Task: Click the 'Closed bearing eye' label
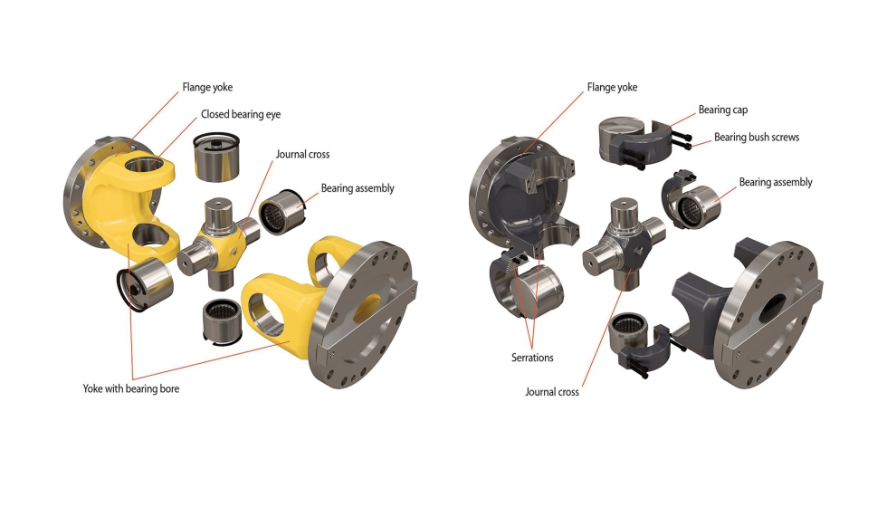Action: (241, 114)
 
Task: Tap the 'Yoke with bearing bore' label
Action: (130, 388)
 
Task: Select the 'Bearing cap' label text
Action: (723, 110)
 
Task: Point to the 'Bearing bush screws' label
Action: (757, 137)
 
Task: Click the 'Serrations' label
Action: (532, 358)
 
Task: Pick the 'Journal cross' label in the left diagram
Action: (302, 154)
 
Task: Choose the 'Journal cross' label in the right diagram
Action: (552, 391)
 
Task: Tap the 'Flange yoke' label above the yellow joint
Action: (207, 87)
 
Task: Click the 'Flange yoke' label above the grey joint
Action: (612, 87)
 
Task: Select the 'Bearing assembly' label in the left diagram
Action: (358, 188)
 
